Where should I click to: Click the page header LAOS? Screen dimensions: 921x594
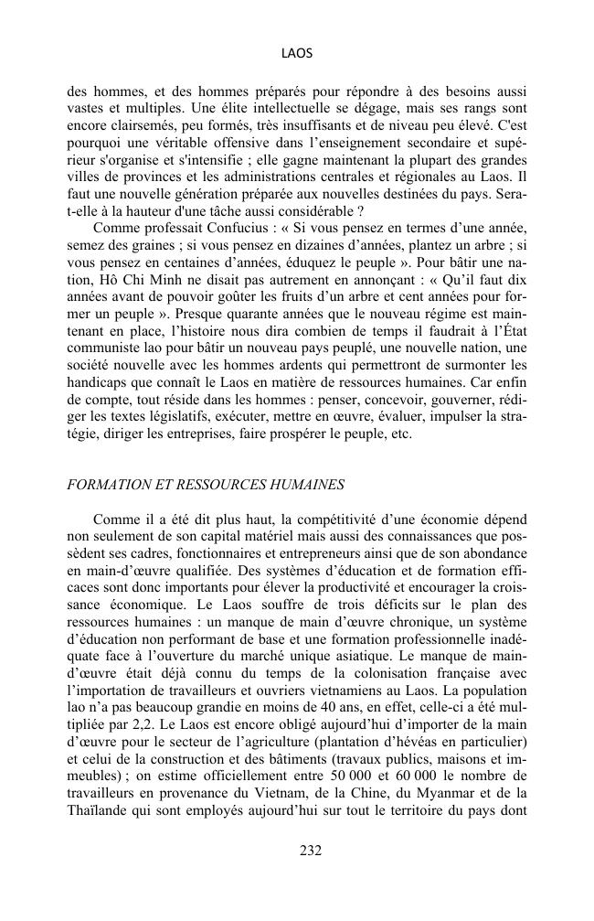pos(297,54)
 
